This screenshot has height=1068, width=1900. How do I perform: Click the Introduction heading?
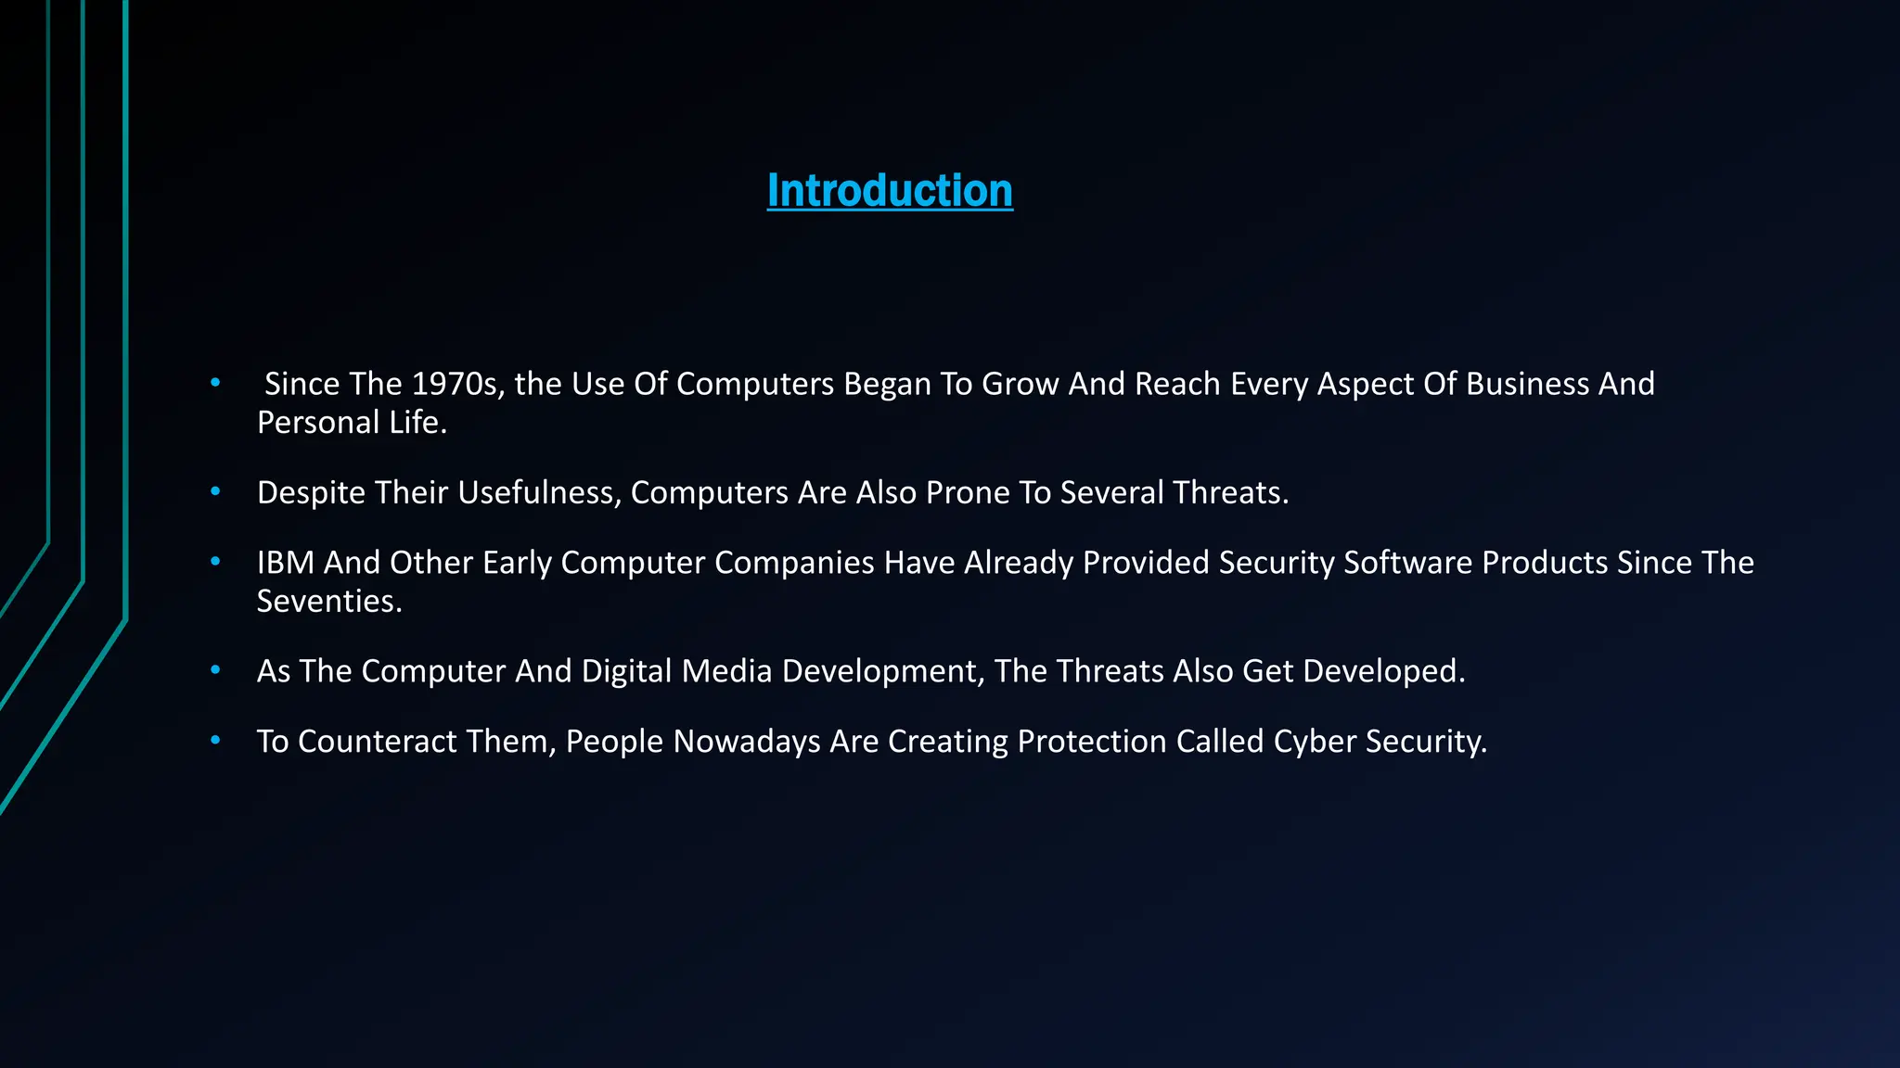[890, 191]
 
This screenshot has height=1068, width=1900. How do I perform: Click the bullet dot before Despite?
[215, 491]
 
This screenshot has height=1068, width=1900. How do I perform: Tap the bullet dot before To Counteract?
[215, 741]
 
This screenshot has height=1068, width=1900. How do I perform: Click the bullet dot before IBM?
[215, 562]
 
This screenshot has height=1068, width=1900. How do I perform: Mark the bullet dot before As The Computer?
[215, 670]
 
